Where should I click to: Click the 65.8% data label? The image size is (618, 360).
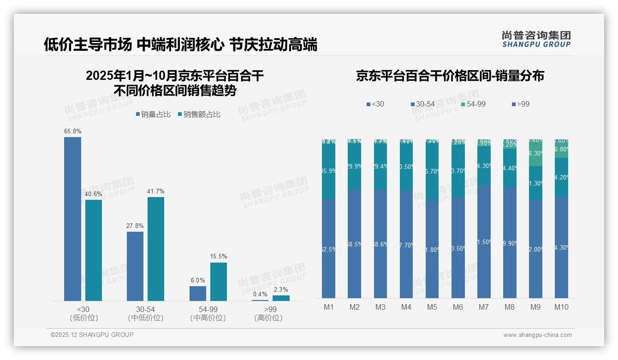[x=72, y=132]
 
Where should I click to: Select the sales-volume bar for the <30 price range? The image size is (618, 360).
[x=72, y=219]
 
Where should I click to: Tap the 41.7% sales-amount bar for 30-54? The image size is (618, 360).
[x=156, y=249]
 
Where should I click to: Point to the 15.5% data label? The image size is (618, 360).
[x=219, y=257]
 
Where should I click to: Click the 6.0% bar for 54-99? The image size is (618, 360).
[x=198, y=294]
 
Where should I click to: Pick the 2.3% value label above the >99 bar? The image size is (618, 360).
[x=281, y=289]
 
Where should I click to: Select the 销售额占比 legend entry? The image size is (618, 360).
[x=199, y=114]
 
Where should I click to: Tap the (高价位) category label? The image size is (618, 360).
[x=268, y=318]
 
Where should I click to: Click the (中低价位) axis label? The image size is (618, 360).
[x=146, y=318]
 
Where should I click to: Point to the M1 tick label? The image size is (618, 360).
[x=328, y=307]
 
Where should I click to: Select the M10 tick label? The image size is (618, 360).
[x=561, y=307]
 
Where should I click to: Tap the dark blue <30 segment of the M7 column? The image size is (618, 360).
[x=484, y=241]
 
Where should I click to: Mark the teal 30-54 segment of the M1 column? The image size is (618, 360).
[x=328, y=171]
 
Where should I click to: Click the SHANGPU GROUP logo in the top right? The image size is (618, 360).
[x=536, y=39]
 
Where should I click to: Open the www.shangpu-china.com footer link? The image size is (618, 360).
[x=537, y=335]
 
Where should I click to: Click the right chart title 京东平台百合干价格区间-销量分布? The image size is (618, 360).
[x=450, y=76]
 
